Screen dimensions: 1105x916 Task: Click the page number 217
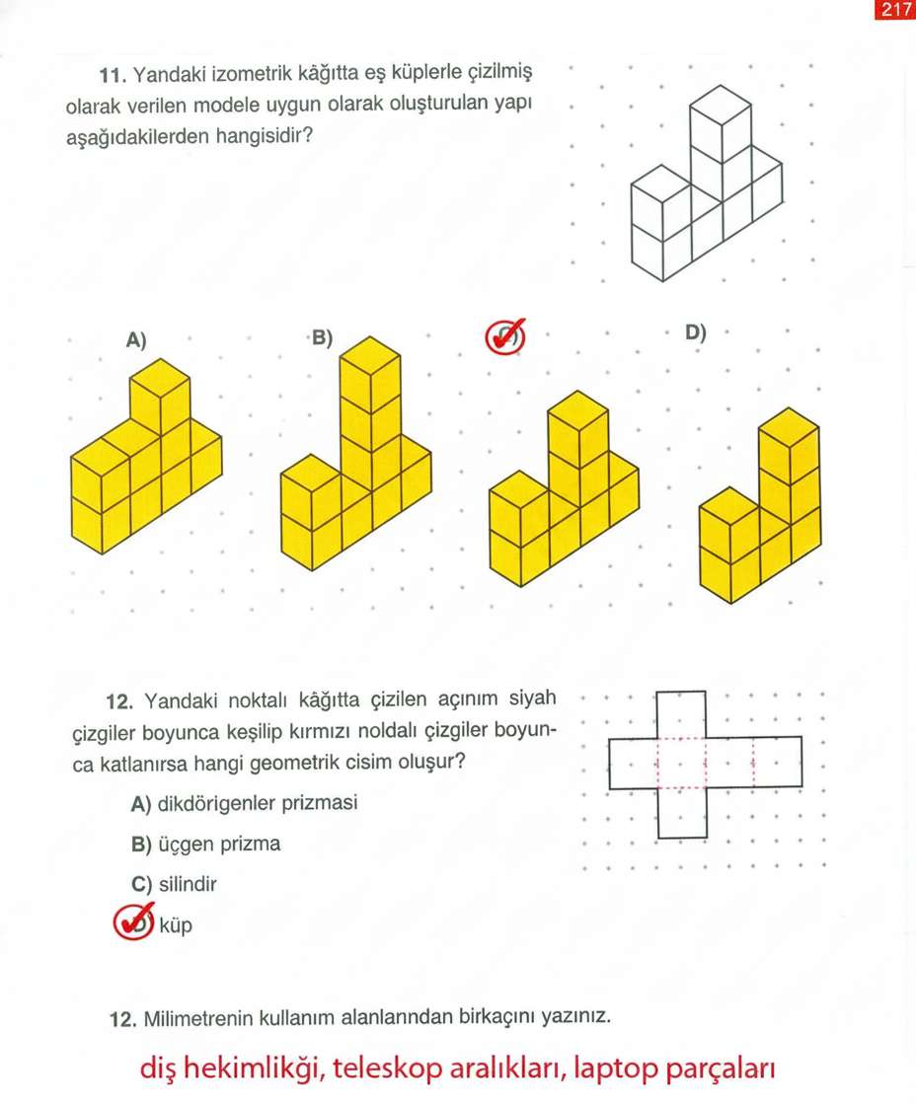894,10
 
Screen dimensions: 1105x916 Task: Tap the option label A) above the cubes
136,340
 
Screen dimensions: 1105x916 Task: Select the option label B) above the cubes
323,338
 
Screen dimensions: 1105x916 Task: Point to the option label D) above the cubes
696,332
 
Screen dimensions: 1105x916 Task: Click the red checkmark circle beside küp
133,922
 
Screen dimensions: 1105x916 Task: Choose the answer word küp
175,926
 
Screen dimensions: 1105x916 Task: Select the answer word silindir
188,884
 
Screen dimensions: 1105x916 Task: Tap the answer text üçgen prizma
219,845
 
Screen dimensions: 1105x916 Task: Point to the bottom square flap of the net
681,814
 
